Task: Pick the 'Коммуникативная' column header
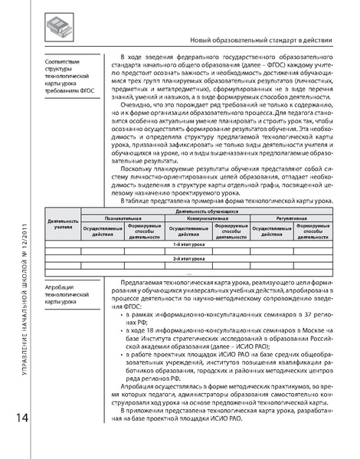coord(207,217)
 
